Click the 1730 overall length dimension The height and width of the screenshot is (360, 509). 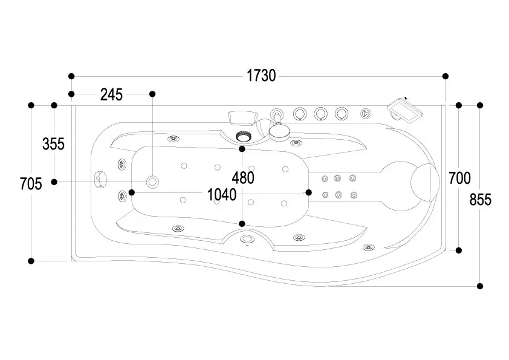[261, 76]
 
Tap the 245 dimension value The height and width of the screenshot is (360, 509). [111, 94]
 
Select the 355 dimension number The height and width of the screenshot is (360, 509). [53, 144]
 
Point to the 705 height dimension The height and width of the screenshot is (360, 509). [31, 183]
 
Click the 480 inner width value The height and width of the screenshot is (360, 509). [242, 178]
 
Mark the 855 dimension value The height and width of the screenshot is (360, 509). [481, 200]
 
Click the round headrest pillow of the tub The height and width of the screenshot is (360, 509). [424, 180]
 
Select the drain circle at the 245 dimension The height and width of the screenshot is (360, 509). [152, 182]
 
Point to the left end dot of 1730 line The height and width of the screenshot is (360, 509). [71, 76]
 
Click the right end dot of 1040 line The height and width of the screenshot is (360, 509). [308, 192]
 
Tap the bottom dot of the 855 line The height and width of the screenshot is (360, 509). [480, 286]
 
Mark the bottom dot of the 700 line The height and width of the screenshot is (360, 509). [459, 250]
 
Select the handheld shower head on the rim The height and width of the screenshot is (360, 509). [279, 128]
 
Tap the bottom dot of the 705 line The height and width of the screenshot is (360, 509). [31, 261]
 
